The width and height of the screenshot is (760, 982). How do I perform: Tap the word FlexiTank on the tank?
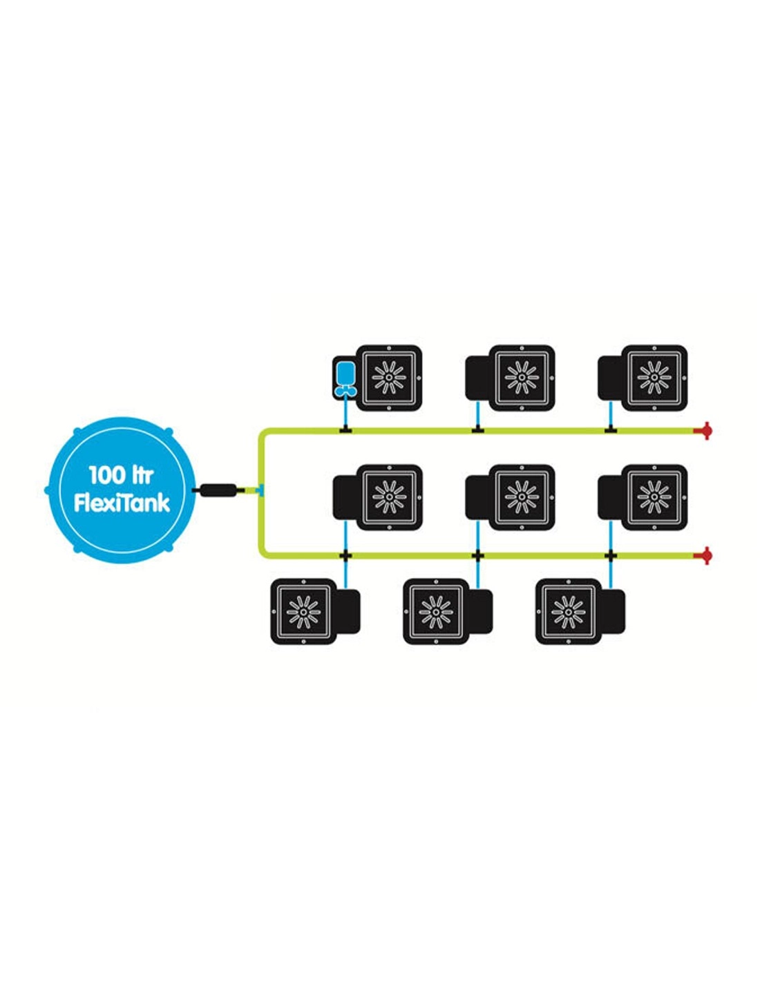click(x=122, y=502)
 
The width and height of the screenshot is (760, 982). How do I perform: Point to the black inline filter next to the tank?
click(x=218, y=490)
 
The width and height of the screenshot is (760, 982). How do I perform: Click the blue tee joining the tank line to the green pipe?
click(x=259, y=490)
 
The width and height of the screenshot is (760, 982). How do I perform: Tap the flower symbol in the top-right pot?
click(x=654, y=377)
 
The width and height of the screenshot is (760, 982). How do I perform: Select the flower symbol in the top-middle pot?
click(x=522, y=377)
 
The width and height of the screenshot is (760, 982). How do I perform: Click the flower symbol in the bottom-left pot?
click(x=303, y=612)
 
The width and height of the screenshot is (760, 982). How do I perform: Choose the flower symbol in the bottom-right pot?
click(x=569, y=612)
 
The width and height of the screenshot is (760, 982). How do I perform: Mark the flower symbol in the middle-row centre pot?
click(x=522, y=496)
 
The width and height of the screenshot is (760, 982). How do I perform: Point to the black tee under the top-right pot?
click(x=611, y=431)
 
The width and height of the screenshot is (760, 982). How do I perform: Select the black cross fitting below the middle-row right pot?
click(x=611, y=555)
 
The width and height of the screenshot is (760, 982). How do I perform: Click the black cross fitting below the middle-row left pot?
click(x=345, y=555)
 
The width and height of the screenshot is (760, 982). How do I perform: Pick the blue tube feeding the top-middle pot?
click(x=477, y=416)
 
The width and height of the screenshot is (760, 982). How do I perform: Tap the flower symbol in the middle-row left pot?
click(x=389, y=496)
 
